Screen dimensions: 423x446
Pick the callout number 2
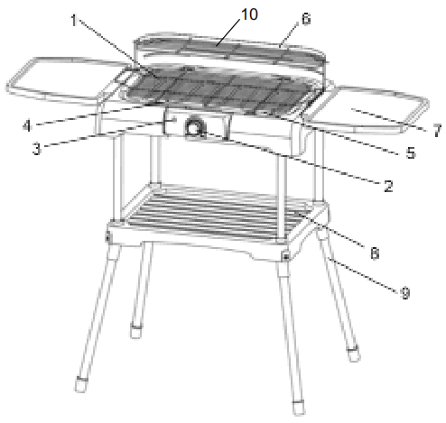click(x=387, y=187)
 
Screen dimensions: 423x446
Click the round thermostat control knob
click(x=194, y=129)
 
